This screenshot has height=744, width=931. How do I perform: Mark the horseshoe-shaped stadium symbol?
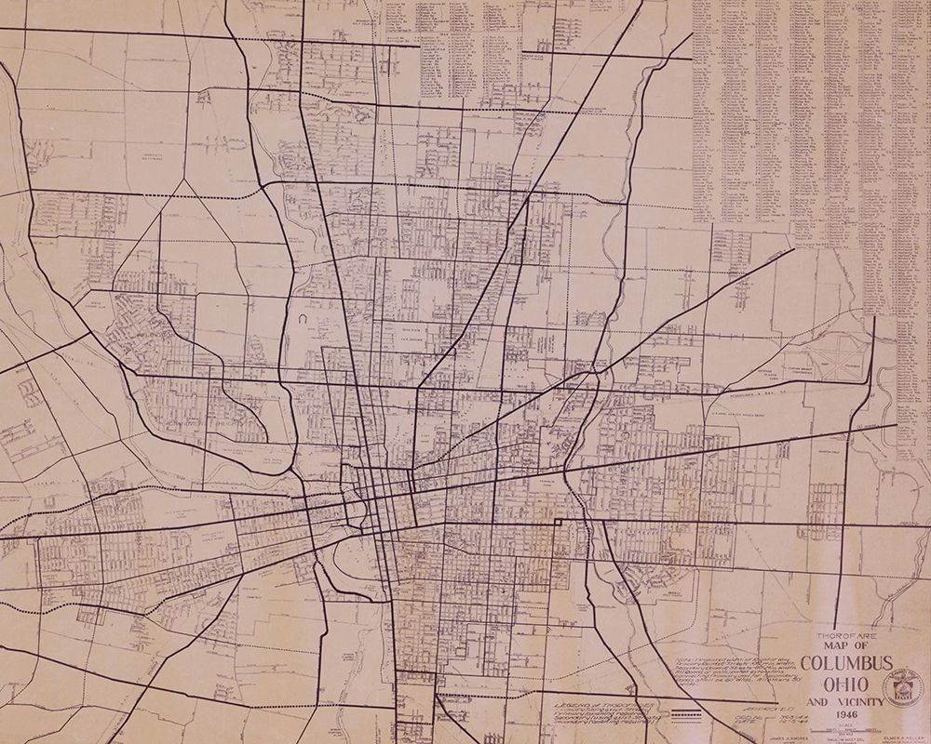click(x=304, y=318)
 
